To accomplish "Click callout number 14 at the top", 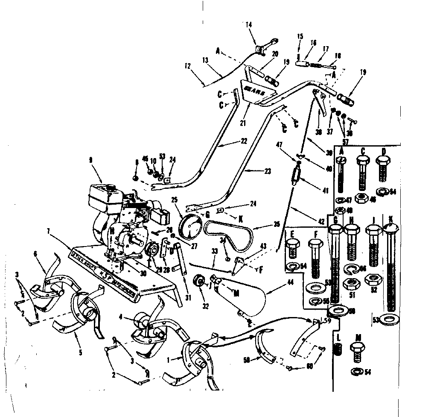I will coord(249,25).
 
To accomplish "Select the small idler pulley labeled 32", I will coord(199,282).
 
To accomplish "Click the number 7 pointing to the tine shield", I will coord(49,231).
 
